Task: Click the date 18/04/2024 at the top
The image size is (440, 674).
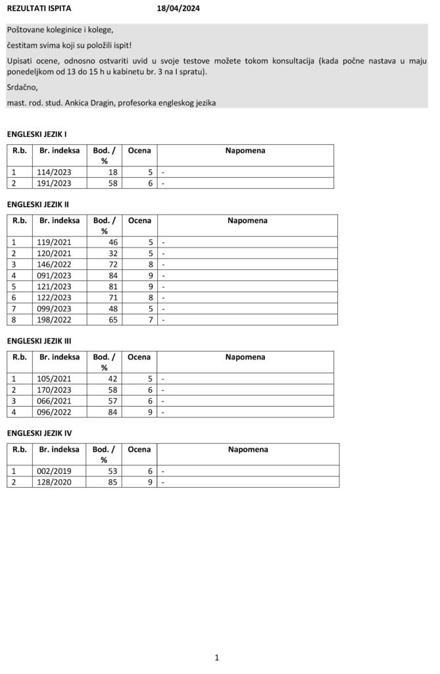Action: pos(178,9)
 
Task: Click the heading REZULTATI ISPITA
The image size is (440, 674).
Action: pos(39,9)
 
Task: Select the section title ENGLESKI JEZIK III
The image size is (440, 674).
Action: pos(39,341)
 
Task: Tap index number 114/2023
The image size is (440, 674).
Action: pos(56,172)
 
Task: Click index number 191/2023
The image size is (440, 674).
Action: pos(56,184)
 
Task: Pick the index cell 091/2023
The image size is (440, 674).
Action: pos(56,276)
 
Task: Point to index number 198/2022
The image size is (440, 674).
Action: pos(56,320)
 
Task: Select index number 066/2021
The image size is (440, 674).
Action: pos(56,400)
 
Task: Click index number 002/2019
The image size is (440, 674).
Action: pos(56,471)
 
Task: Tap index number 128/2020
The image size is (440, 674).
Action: pos(56,482)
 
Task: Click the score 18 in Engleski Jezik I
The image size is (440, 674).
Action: pos(113,172)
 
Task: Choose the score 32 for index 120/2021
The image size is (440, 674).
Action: pos(113,253)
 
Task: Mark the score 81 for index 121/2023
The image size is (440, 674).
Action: pos(113,287)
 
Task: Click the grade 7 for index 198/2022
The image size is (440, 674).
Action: pos(151,320)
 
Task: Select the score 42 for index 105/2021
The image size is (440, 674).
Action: pos(113,378)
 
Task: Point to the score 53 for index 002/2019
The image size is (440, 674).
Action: pos(113,471)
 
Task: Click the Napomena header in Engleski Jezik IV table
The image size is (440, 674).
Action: pos(248,450)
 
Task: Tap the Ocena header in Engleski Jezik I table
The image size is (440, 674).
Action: pos(139,150)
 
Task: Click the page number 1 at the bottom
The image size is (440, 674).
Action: pos(216,658)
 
